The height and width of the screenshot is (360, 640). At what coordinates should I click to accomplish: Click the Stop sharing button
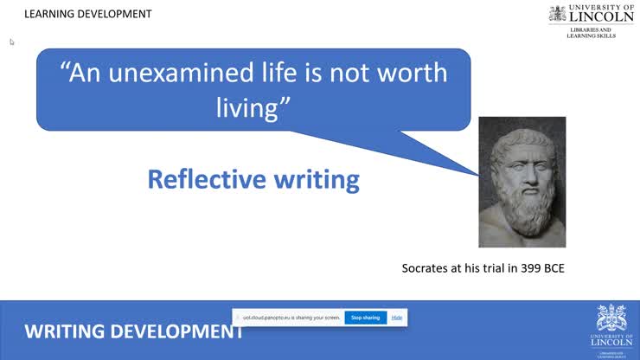click(365, 318)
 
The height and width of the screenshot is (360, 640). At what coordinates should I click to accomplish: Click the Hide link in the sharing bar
click(396, 318)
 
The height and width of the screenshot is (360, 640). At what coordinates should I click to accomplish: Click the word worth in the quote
click(411, 72)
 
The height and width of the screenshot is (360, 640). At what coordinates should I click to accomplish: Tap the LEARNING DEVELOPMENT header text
click(87, 14)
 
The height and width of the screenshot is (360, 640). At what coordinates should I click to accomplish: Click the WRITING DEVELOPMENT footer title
click(133, 331)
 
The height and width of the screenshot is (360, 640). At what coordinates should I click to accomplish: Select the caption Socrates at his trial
click(483, 268)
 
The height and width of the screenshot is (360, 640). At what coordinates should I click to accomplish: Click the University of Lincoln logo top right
click(592, 15)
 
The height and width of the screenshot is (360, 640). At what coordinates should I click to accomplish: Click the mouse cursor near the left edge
click(12, 42)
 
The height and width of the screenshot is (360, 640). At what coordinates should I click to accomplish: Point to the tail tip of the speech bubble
click(478, 175)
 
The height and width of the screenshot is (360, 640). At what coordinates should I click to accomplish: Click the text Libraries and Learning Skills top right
click(592, 33)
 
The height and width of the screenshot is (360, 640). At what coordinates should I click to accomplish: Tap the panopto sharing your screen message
click(291, 318)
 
